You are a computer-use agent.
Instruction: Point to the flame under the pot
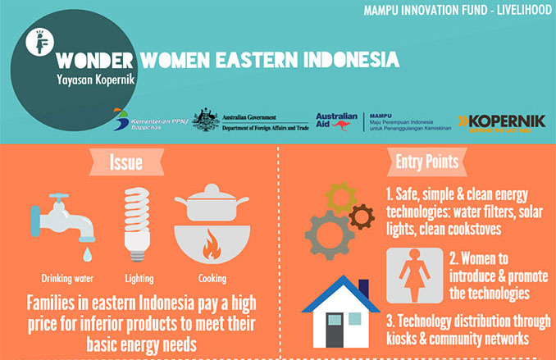point(212,244)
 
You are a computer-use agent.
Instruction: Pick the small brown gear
point(361,216)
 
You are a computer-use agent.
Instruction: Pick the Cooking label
point(212,277)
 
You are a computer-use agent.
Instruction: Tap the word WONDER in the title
point(95,62)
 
